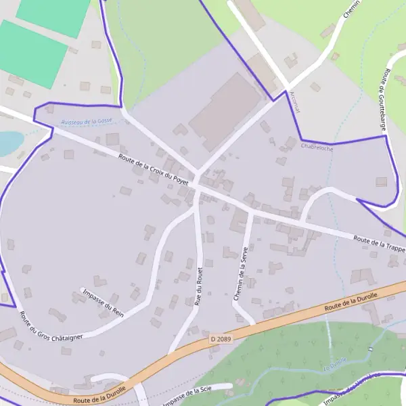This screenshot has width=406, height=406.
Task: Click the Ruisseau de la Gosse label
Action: click(x=86, y=121)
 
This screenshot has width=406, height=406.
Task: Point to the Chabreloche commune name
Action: click(x=317, y=145)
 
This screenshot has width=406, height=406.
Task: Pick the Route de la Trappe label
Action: click(x=378, y=243)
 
